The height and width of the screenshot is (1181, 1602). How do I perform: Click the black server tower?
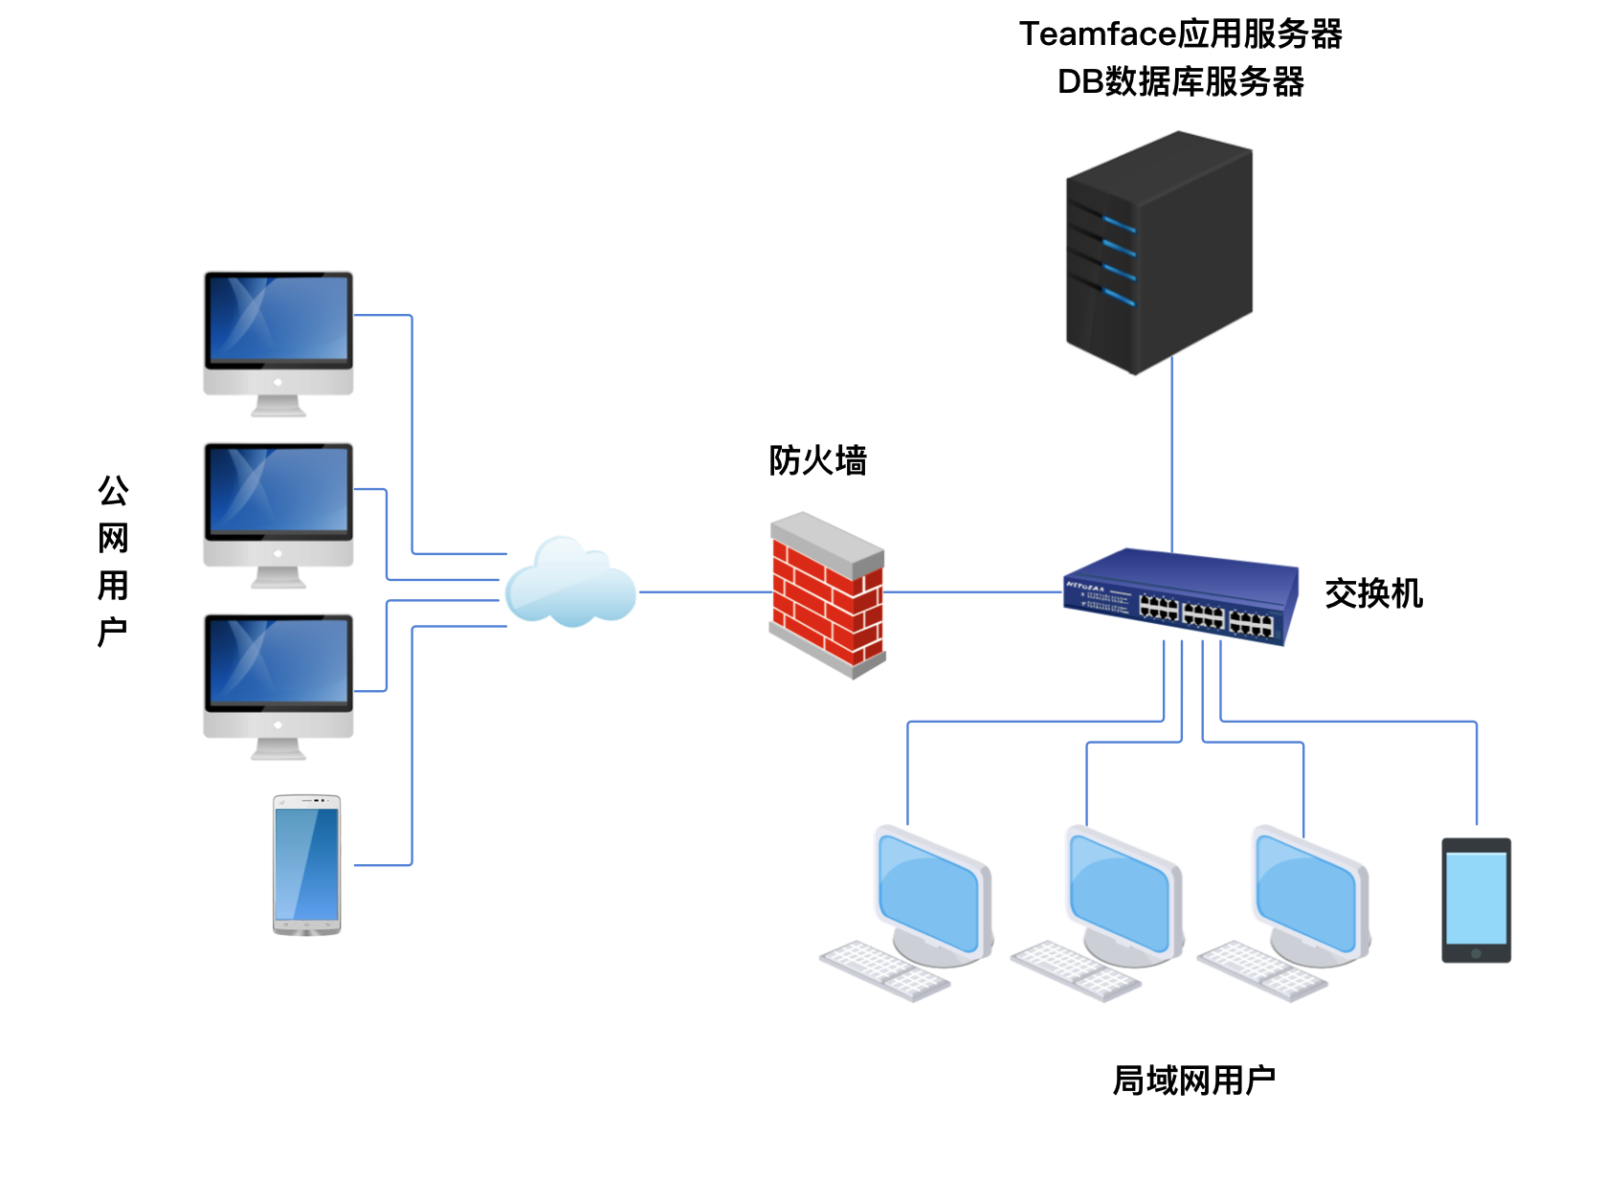tap(1159, 254)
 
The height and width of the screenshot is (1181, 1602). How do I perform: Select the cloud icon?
tap(570, 584)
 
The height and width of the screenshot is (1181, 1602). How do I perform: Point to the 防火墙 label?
tap(817, 460)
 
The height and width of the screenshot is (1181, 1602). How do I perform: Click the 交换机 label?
tap(1373, 593)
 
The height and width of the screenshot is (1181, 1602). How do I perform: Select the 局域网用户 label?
tap(1193, 1081)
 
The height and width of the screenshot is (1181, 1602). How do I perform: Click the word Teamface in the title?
tap(1097, 34)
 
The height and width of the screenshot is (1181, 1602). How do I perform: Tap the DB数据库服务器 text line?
tap(1180, 82)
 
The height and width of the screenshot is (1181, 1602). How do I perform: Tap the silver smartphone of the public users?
tap(306, 864)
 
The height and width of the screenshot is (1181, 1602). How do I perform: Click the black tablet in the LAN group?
tap(1476, 900)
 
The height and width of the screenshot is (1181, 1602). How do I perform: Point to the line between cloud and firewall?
tap(704, 592)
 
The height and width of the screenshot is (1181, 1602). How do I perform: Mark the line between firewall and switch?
tap(971, 592)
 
